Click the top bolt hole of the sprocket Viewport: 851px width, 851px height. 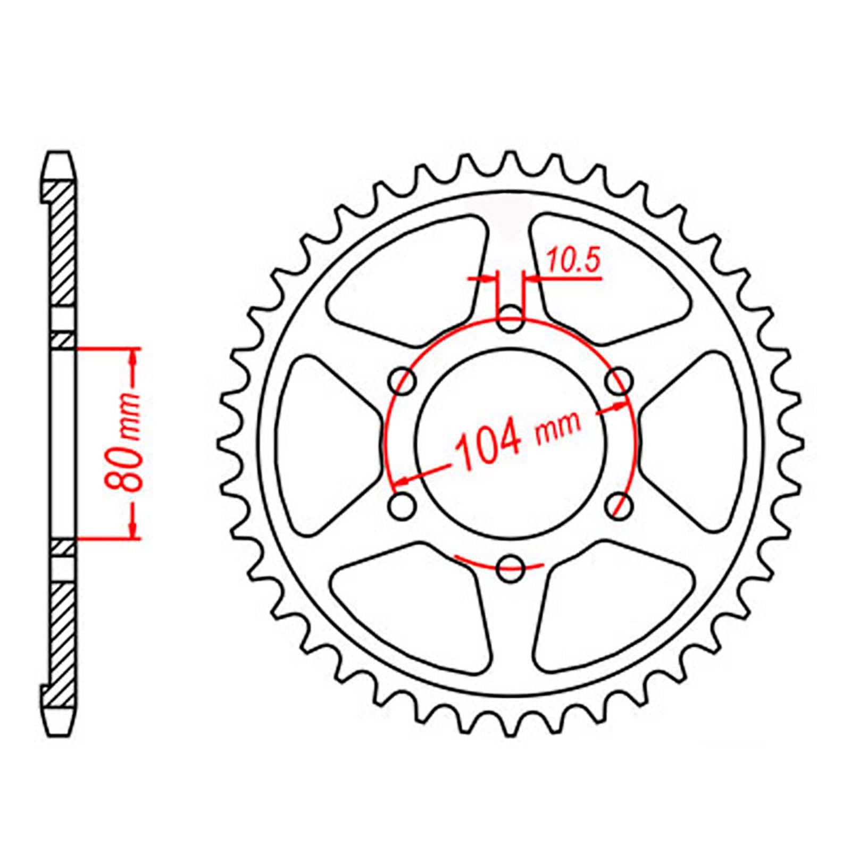(511, 319)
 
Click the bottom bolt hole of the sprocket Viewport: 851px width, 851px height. (511, 568)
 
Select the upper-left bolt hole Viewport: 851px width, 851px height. (403, 381)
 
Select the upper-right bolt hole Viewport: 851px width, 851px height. (619, 381)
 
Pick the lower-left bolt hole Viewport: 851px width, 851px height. (403, 505)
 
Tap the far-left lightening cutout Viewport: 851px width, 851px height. (324, 444)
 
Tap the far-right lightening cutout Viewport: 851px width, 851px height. (697, 444)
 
